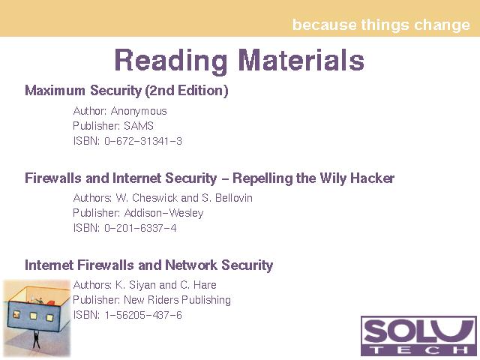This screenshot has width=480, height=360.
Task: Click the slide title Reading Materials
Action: pyautogui.click(x=239, y=60)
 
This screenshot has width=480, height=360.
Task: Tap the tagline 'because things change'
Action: pyautogui.click(x=381, y=25)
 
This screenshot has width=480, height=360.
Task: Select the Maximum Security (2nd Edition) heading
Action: pyautogui.click(x=127, y=91)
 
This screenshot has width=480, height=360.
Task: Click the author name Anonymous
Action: pyautogui.click(x=139, y=112)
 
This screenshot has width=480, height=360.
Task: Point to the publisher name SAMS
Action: pyautogui.click(x=139, y=126)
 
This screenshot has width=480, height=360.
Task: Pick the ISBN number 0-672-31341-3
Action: pyautogui.click(x=143, y=141)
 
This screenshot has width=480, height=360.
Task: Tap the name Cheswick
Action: pyautogui.click(x=156, y=198)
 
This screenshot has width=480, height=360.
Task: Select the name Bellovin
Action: pyautogui.click(x=234, y=198)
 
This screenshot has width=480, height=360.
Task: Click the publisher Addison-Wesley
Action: pyautogui.click(x=163, y=213)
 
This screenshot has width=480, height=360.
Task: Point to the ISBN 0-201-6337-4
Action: pyautogui.click(x=140, y=228)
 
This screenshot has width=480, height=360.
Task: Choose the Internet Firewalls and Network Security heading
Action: pyautogui.click(x=148, y=265)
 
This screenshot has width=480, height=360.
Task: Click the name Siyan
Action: pyautogui.click(x=141, y=285)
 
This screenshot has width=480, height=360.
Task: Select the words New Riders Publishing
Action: pyautogui.click(x=177, y=300)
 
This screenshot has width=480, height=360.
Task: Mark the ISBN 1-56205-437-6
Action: pyautogui.click(x=143, y=315)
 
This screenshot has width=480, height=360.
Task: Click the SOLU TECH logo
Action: pyautogui.click(x=418, y=336)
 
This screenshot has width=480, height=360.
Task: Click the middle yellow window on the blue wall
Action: pyautogui.click(x=33, y=316)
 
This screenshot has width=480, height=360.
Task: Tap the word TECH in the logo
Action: pyautogui.click(x=418, y=349)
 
